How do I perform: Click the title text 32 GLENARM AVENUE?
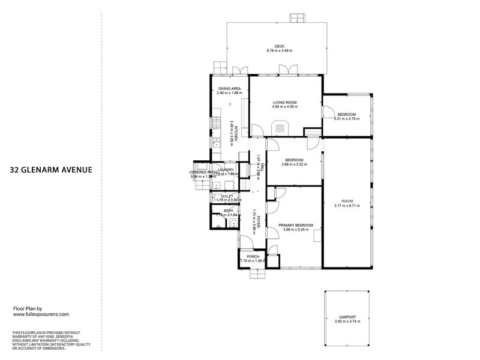click(x=51, y=169)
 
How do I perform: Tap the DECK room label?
click(x=279, y=46)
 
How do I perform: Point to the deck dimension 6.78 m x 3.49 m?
click(x=279, y=51)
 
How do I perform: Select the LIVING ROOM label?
click(x=284, y=103)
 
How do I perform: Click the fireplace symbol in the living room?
click(x=280, y=127)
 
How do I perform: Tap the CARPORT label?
click(x=347, y=317)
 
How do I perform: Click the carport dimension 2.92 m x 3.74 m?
click(x=347, y=322)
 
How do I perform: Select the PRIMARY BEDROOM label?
click(x=295, y=225)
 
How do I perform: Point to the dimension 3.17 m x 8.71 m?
click(x=347, y=206)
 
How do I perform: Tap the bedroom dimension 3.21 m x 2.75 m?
click(x=346, y=119)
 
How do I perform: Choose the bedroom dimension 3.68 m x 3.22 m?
click(x=295, y=164)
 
